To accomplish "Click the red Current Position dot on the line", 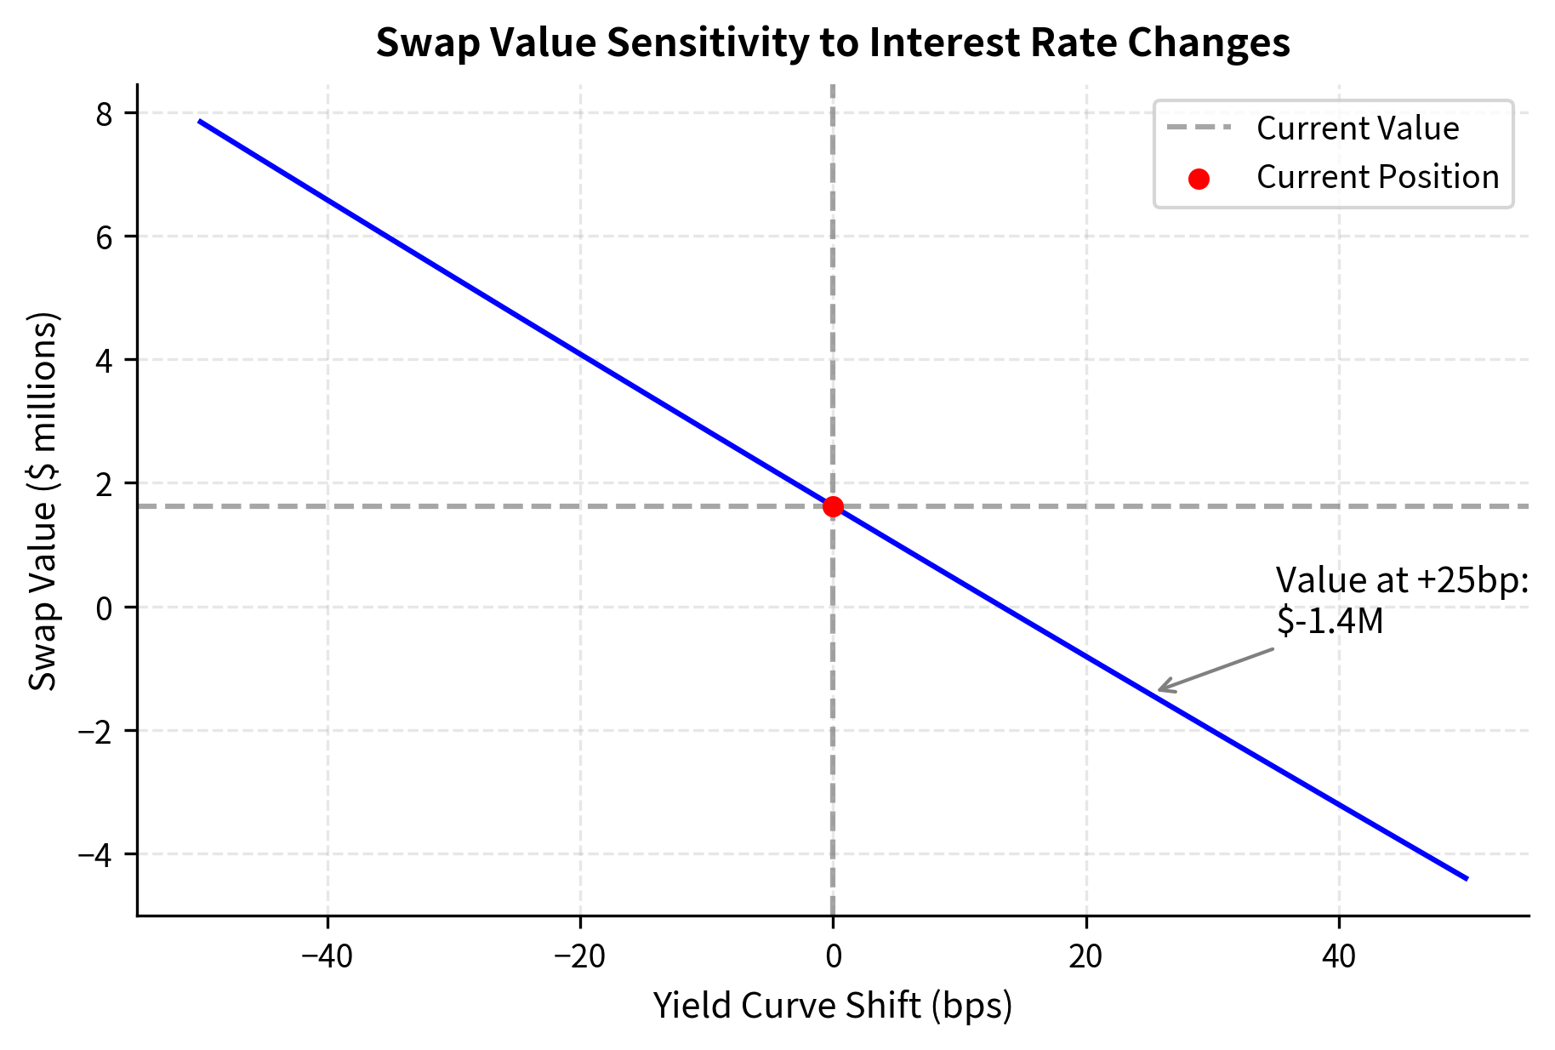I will point(833,506).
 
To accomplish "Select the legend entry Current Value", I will point(1357,128).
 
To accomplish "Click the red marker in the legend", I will point(1199,179).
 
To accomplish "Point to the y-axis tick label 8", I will point(105,113).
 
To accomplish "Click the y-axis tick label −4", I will point(95,853).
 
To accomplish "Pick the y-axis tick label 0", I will point(105,608).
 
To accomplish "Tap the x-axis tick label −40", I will point(328,956).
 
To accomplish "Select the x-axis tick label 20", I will point(1085,956).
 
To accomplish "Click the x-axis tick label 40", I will point(1339,956).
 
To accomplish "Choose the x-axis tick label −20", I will point(580,956).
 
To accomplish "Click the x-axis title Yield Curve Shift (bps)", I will point(833,1006).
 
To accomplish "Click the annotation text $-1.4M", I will point(1330,621).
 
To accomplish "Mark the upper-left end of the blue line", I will point(200,122).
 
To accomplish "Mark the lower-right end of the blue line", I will point(1466,878).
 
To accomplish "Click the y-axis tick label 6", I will point(105,237).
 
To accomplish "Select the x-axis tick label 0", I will point(833,956).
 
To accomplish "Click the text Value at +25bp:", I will point(1402,580).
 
